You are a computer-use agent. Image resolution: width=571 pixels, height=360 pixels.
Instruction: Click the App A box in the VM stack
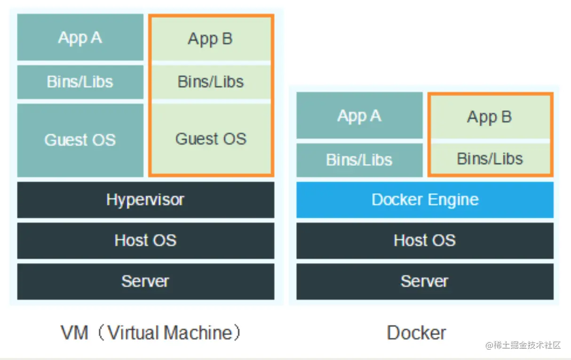(x=80, y=38)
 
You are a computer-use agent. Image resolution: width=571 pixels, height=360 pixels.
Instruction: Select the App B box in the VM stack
(x=210, y=39)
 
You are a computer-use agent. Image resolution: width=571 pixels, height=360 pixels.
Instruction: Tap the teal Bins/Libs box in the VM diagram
(x=80, y=82)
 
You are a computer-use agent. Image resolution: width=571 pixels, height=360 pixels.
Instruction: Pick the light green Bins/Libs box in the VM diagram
(x=210, y=82)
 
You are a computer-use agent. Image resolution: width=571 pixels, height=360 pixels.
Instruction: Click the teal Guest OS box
(x=80, y=140)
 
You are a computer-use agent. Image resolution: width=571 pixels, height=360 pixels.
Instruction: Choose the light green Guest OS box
(x=210, y=139)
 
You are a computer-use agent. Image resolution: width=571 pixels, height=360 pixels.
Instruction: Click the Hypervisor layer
(x=145, y=200)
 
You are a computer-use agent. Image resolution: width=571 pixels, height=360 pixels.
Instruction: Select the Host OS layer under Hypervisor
(x=145, y=241)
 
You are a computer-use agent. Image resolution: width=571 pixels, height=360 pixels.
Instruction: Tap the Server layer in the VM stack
(x=145, y=281)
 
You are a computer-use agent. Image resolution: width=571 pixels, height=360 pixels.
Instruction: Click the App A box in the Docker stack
(x=359, y=116)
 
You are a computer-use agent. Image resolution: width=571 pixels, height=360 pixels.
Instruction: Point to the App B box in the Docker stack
(x=489, y=117)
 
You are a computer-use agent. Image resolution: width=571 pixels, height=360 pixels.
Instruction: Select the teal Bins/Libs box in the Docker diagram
(x=359, y=160)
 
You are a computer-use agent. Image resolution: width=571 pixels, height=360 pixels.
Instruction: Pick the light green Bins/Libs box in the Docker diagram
(x=489, y=159)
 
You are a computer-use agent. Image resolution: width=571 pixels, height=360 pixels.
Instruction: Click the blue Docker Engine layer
(x=424, y=200)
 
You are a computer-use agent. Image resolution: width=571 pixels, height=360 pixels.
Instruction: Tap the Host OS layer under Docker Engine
(x=424, y=241)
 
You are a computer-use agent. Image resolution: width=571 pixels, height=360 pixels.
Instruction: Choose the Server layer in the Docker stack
(x=424, y=281)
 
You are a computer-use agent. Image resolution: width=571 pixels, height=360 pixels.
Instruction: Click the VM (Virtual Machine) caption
(x=151, y=333)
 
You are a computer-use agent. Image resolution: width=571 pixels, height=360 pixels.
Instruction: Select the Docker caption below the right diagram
(x=416, y=333)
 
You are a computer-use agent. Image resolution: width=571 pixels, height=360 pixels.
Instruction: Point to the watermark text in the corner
(x=523, y=345)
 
